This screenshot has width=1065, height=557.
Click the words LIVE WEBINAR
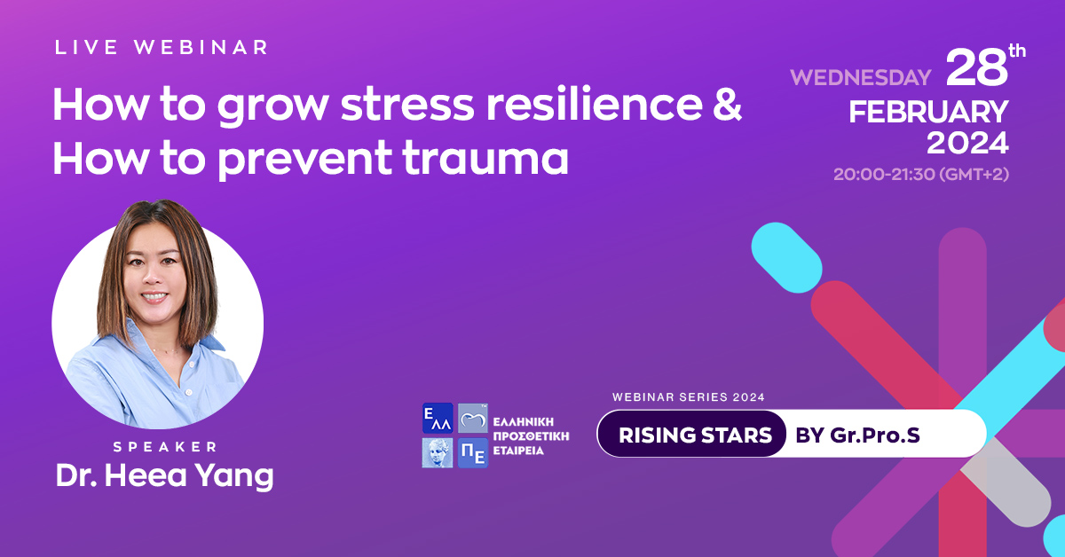click(161, 48)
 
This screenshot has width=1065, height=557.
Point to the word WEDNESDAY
click(861, 77)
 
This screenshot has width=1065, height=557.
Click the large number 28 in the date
click(976, 69)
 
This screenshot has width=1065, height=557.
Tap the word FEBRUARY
click(928, 113)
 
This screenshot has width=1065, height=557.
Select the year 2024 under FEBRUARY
click(967, 143)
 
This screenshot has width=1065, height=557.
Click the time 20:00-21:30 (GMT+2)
click(921, 174)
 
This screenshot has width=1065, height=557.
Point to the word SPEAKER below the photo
click(165, 447)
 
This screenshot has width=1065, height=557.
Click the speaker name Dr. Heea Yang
click(165, 476)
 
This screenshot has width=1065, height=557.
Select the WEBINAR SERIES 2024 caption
click(689, 396)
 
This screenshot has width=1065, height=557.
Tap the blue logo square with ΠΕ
click(473, 453)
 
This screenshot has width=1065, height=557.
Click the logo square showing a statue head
click(438, 453)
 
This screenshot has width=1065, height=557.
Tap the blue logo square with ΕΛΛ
click(438, 419)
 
